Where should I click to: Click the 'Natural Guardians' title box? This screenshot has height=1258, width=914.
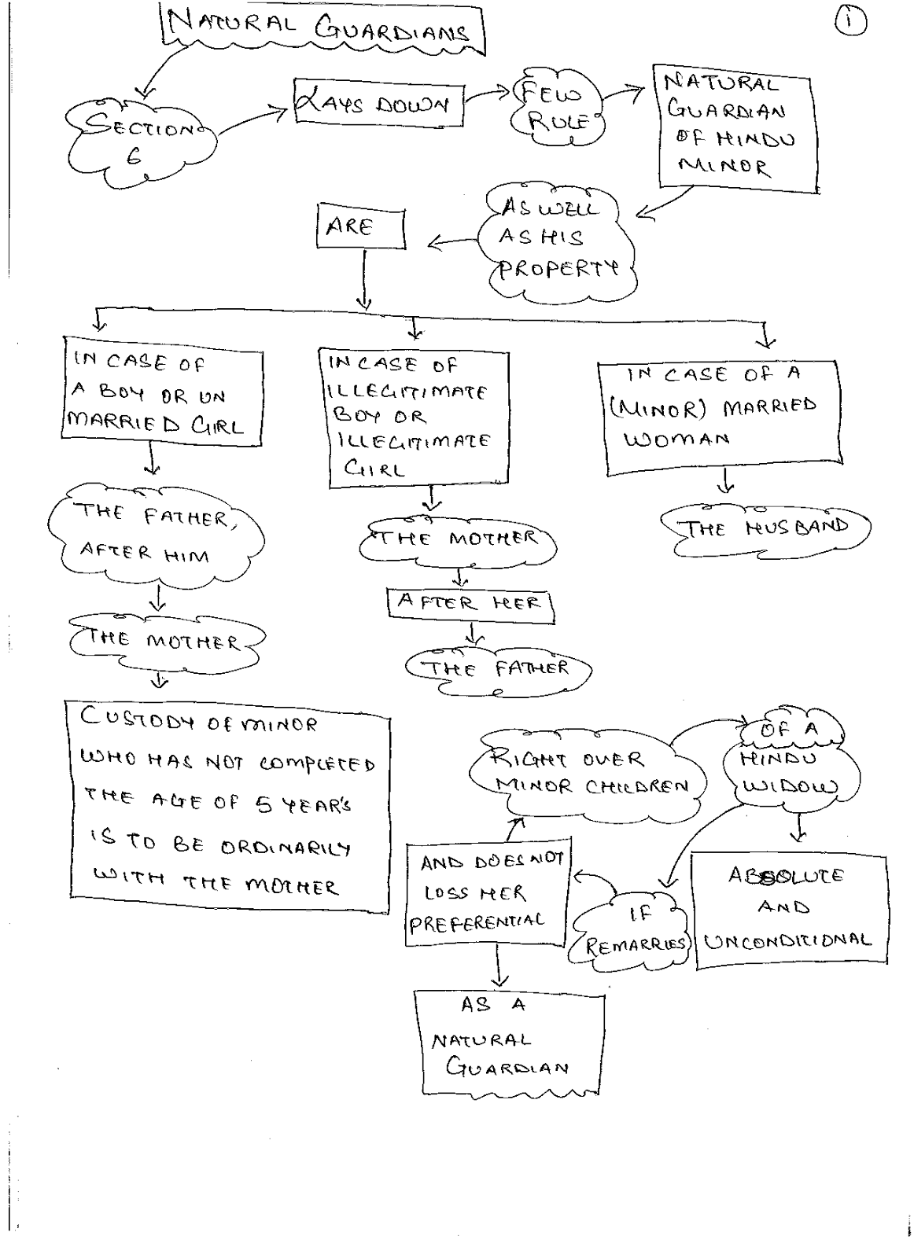[x=322, y=28]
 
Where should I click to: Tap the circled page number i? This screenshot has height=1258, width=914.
[x=850, y=22]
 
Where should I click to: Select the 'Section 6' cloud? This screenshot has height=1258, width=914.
[x=141, y=142]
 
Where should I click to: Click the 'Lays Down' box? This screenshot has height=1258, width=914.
[x=380, y=103]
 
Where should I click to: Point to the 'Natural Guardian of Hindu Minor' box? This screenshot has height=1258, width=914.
[x=735, y=129]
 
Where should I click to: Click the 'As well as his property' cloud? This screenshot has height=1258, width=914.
[x=557, y=241]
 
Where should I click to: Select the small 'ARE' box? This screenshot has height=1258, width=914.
[x=361, y=226]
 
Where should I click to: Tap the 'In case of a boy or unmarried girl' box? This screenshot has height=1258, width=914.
[x=162, y=392]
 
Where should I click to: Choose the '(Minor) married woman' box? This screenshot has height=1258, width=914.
[x=720, y=417]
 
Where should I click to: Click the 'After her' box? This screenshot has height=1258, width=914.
[x=470, y=605]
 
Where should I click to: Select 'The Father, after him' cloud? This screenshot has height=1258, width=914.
[x=157, y=535]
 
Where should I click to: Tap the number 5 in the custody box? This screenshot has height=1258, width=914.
[x=264, y=805]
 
